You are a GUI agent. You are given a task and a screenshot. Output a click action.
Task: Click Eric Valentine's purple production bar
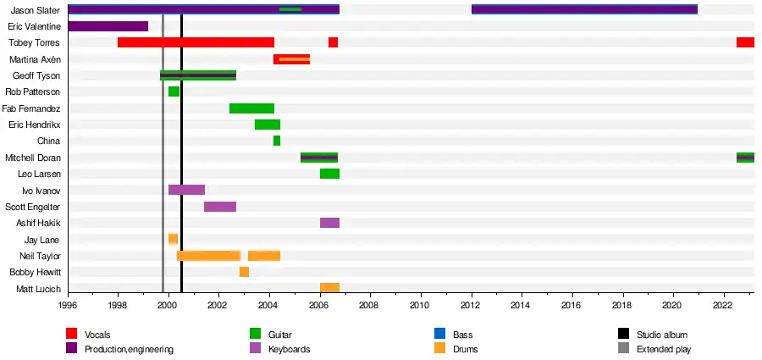tap(108, 26)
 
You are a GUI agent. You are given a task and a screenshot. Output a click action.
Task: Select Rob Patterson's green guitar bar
tap(174, 91)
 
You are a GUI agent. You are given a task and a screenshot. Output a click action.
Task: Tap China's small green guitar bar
tap(277, 141)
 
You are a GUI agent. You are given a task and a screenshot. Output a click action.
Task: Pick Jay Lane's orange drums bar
tap(173, 239)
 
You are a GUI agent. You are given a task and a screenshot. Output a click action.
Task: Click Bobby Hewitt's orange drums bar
tap(244, 272)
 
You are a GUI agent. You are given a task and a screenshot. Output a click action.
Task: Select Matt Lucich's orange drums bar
tap(329, 288)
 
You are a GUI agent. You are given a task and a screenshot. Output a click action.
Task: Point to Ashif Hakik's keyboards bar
tap(329, 223)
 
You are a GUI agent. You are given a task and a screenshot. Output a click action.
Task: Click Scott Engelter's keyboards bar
tap(220, 207)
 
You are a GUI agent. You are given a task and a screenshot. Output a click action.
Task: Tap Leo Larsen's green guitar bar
tap(329, 174)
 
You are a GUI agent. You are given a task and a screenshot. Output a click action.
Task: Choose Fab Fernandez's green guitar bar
tap(251, 108)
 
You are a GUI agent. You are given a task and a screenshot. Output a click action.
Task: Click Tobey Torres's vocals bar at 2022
tap(745, 42)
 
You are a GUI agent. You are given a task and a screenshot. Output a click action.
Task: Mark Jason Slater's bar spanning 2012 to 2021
tap(584, 9)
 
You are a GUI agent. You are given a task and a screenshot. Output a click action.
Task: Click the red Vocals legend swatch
tap(73, 335)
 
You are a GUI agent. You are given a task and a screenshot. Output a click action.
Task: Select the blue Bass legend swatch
tap(439, 335)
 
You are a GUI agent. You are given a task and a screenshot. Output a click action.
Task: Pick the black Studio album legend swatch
tap(624, 335)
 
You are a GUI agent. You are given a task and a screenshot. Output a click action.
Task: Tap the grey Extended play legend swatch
tap(624, 348)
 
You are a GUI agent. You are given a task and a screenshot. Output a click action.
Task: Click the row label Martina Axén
tap(35, 59)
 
